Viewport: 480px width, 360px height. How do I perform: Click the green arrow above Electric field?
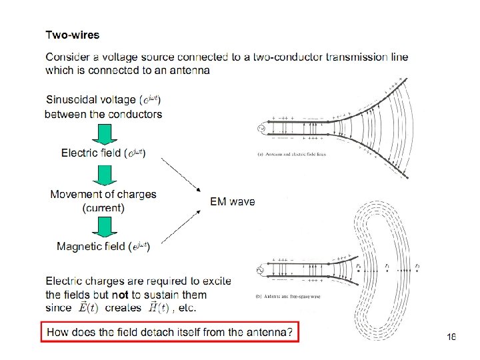pos(104,135)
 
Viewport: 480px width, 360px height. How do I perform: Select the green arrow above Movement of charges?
pos(104,176)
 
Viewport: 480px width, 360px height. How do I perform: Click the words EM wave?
pos(233,201)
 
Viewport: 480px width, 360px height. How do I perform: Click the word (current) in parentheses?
pos(103,208)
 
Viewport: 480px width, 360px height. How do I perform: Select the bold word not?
pos(120,294)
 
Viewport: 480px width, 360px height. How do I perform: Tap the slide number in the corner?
pos(451,338)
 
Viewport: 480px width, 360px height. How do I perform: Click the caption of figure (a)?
pos(291,154)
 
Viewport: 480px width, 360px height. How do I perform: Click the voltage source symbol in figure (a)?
pos(261,129)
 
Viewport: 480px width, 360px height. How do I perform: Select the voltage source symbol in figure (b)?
pos(261,270)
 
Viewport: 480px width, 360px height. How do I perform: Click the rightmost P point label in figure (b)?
pos(418,266)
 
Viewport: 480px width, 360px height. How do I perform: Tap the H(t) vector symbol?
pos(159,307)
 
